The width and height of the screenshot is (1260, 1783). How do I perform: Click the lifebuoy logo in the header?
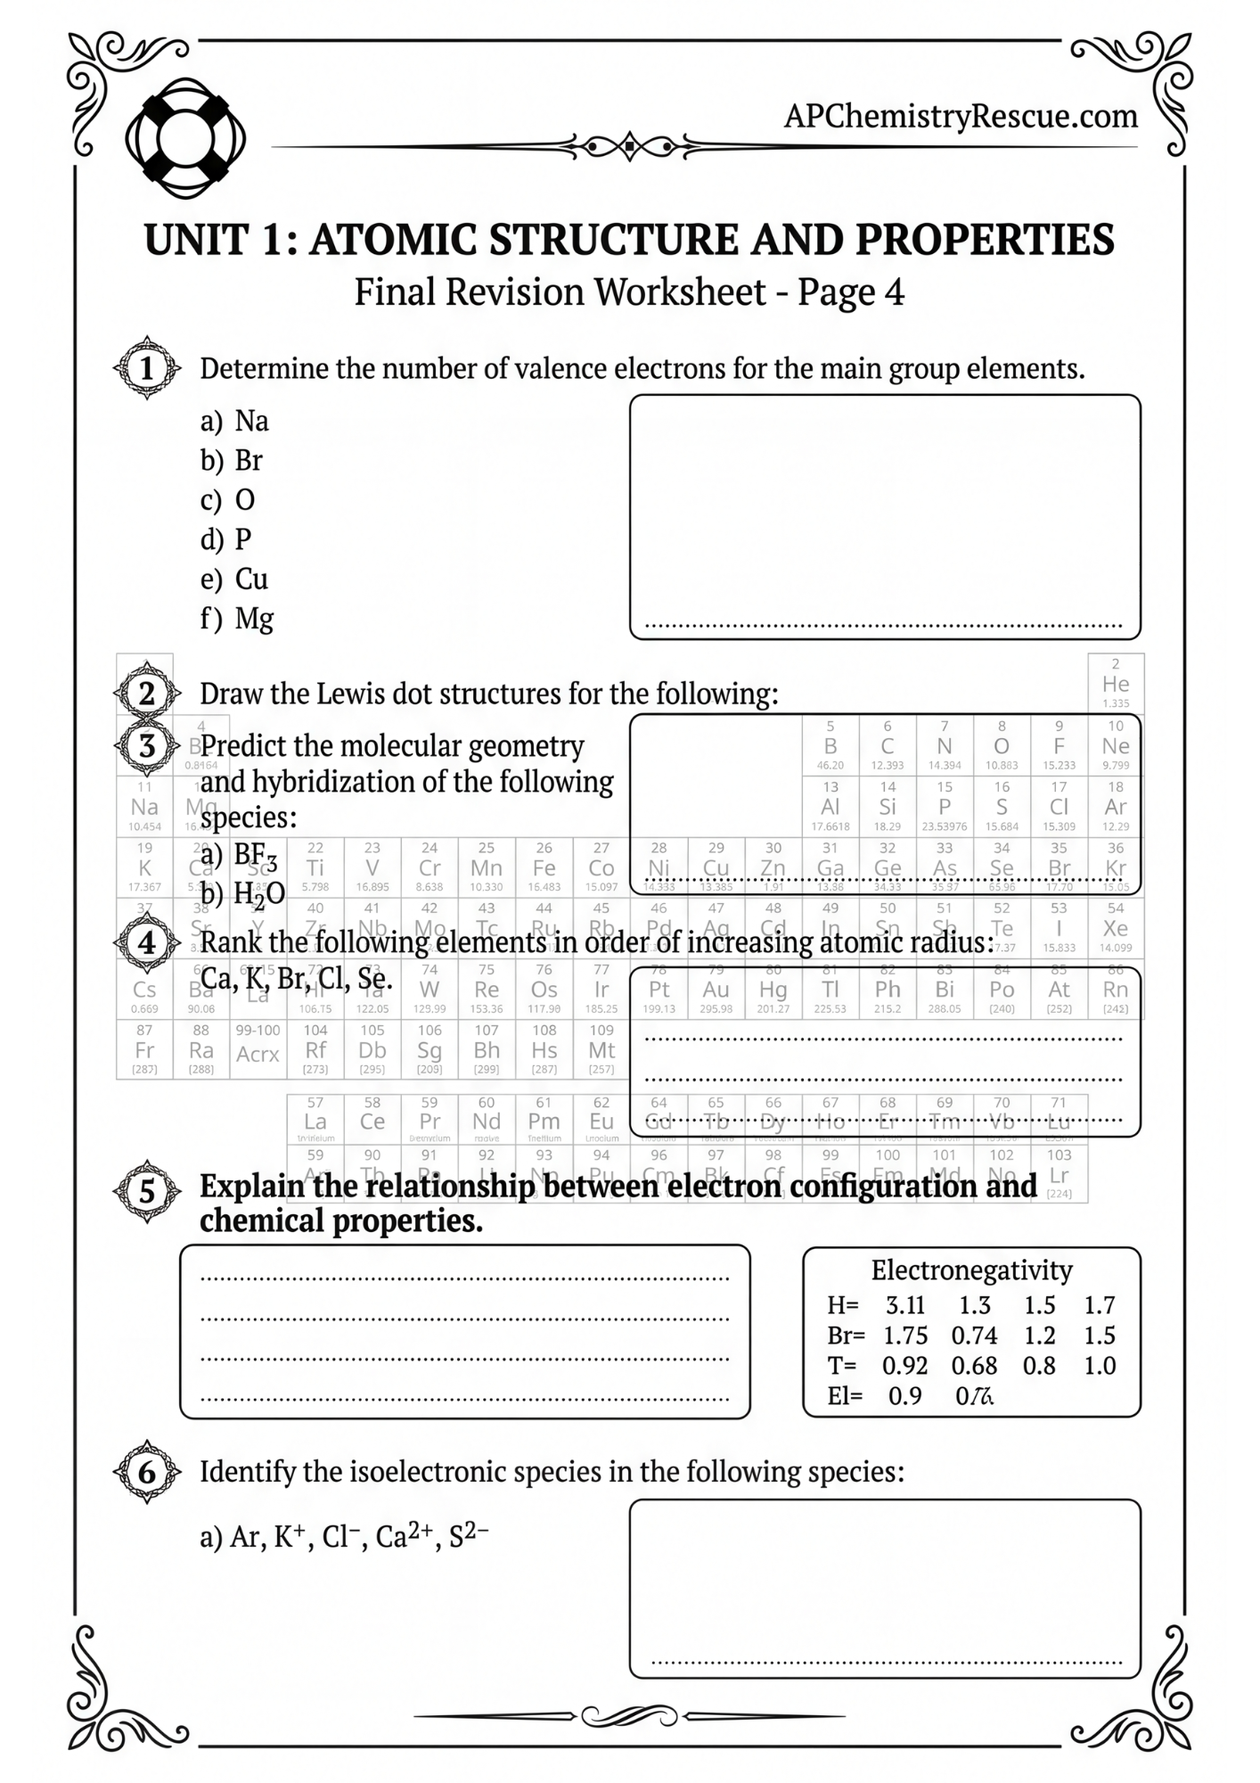pos(185,138)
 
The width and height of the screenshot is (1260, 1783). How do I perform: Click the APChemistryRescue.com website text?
pos(960,116)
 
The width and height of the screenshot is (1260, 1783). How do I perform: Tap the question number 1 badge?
pos(147,368)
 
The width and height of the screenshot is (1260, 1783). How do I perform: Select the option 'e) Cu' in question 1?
pos(234,579)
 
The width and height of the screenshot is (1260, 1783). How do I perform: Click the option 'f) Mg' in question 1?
pos(237,619)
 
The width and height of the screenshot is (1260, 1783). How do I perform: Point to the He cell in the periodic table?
pos(1115,684)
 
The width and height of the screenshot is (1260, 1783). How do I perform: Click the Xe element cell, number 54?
pos(1115,928)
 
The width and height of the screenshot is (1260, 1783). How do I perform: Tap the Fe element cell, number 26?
pos(544,867)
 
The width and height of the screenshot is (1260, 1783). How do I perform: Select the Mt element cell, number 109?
pos(601,1050)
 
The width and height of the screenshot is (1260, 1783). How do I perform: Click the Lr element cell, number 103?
pos(1059,1175)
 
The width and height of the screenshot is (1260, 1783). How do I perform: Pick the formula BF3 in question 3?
pos(255,856)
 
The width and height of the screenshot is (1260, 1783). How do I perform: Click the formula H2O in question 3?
pos(258,894)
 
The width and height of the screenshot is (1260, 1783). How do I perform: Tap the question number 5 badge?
pos(147,1192)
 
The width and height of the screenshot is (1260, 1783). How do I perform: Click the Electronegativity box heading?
pos(971,1270)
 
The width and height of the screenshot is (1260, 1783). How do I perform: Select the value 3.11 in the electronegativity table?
pos(904,1306)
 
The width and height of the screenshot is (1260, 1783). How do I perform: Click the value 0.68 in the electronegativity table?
pos(973,1366)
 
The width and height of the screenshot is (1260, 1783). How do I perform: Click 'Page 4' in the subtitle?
pos(850,292)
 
